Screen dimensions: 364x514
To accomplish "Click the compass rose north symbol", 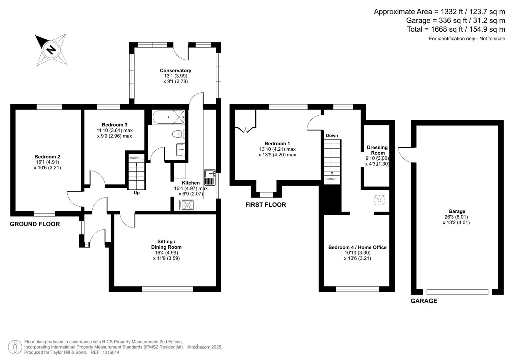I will [x=51, y=50].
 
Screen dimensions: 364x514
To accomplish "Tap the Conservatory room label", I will [x=175, y=70].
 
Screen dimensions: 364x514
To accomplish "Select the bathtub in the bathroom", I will [x=168, y=117].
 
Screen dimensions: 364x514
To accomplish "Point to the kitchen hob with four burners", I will [x=187, y=205].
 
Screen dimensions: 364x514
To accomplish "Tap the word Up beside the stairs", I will [x=137, y=193].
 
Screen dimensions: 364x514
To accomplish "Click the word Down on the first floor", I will [x=332, y=135].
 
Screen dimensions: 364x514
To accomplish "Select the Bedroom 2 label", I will [x=47, y=157].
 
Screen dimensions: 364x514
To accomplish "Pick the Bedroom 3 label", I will [x=114, y=125].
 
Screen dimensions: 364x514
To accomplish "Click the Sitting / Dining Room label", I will [x=166, y=244].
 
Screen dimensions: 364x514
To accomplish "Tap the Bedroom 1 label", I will [x=277, y=144].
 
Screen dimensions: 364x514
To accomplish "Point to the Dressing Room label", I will [x=377, y=150].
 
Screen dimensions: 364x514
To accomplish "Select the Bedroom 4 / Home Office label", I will [x=357, y=247].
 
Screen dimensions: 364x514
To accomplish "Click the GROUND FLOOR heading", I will [x=35, y=224].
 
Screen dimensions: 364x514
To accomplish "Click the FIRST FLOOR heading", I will [x=266, y=205].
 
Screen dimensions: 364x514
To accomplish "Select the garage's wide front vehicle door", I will [x=457, y=292].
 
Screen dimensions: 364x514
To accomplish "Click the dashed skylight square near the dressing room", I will [x=379, y=200].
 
